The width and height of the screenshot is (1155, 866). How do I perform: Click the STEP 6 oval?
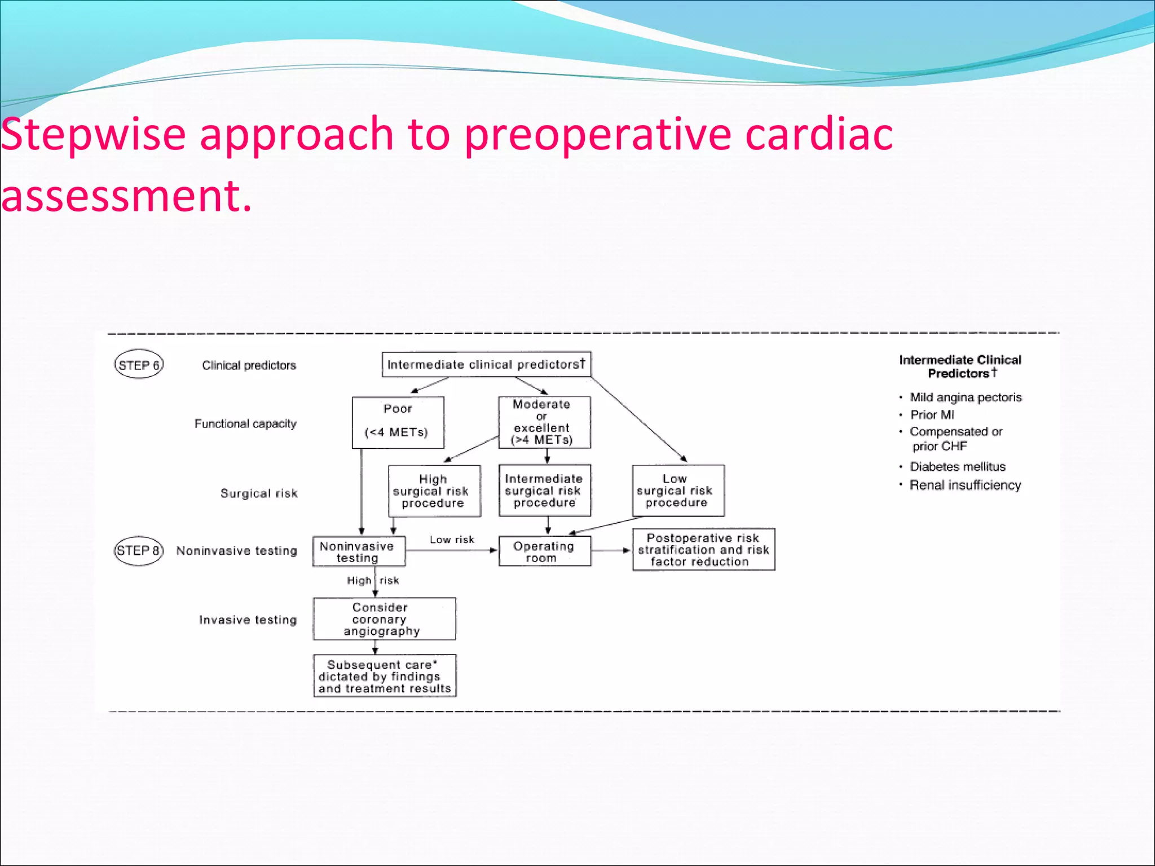tap(139, 365)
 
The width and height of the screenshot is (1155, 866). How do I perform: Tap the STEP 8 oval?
tap(139, 550)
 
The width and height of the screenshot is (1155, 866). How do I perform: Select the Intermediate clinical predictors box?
tap(486, 364)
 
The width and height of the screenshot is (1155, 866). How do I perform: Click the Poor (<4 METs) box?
tap(398, 422)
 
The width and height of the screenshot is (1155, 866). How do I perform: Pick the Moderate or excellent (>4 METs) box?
tap(544, 422)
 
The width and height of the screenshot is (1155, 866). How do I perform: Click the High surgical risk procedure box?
tap(434, 491)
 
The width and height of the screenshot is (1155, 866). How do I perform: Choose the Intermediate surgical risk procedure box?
tap(544, 490)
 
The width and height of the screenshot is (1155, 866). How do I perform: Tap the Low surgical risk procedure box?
tap(678, 490)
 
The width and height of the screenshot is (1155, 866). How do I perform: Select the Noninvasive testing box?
tap(359, 551)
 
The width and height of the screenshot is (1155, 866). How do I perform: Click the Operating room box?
tap(544, 551)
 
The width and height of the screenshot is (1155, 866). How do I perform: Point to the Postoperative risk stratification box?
tap(703, 550)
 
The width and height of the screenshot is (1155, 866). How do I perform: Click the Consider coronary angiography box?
tap(384, 619)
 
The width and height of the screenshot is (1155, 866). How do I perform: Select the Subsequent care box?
tap(385, 676)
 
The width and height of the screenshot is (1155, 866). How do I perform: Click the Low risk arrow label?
tap(452, 540)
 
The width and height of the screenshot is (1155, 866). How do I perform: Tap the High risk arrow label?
tap(372, 581)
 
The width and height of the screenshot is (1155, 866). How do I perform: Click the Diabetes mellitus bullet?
tap(958, 467)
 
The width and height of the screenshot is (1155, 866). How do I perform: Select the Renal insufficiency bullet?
tap(965, 485)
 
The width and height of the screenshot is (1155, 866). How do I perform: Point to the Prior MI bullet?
tap(932, 415)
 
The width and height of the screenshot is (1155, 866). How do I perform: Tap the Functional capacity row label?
tap(245, 423)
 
